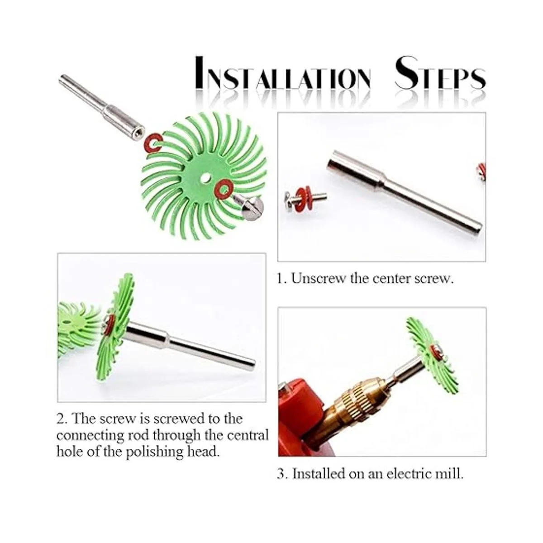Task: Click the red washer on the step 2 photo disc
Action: click(x=111, y=324)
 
